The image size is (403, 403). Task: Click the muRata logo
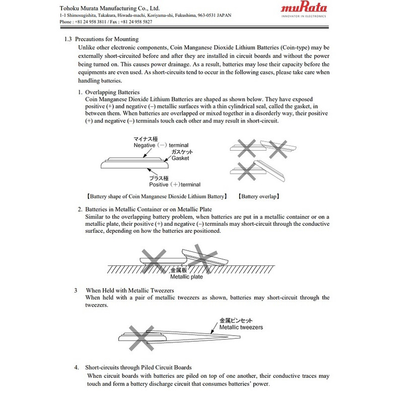tap(304, 8)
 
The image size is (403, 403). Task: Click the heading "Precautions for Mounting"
tap(106, 39)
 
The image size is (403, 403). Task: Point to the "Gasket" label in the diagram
tap(181, 158)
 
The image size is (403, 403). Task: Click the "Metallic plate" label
tap(186, 277)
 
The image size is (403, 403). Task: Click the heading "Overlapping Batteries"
tap(105, 93)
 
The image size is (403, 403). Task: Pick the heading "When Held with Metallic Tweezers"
tap(130, 291)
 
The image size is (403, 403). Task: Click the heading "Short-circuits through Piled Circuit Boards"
tap(139, 368)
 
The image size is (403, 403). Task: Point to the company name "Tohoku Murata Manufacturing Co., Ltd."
tap(109, 9)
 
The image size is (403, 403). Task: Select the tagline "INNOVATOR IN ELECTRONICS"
tap(304, 16)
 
